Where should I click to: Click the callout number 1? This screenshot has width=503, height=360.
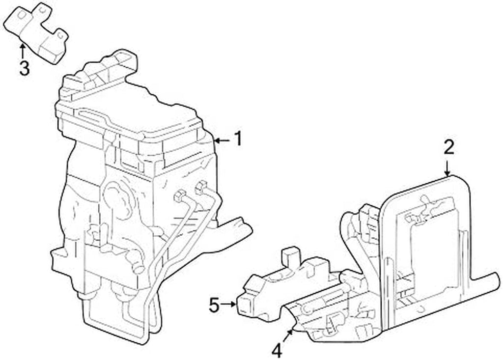click(238, 139)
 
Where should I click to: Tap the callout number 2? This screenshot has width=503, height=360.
click(449, 147)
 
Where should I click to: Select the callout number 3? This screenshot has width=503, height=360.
click(24, 68)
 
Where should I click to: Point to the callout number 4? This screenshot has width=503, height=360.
click(277, 350)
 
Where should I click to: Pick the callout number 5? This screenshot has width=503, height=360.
click(214, 305)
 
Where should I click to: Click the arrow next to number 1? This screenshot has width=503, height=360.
click(222, 140)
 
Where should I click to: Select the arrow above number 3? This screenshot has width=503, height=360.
click(22, 51)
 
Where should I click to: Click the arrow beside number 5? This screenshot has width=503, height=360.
click(229, 305)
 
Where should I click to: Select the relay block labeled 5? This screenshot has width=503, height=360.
click(280, 290)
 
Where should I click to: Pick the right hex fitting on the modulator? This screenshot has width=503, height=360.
click(202, 187)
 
